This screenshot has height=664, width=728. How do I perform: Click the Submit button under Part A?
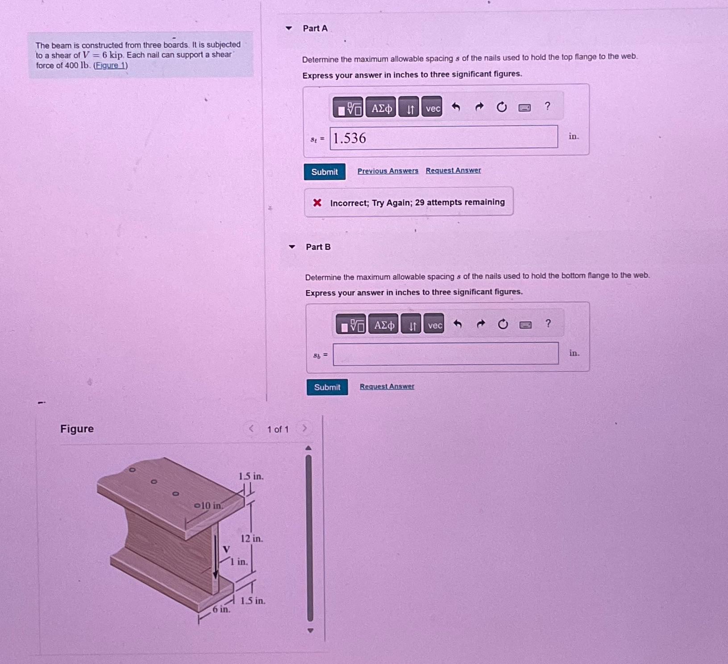[324, 172]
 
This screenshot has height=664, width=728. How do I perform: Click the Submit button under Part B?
[327, 387]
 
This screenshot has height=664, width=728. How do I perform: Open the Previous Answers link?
[387, 171]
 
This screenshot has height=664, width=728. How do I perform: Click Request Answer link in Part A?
[453, 170]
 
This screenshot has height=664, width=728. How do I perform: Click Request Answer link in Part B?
[387, 386]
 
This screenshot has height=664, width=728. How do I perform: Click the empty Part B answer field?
[445, 354]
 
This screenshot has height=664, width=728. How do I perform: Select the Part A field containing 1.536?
[443, 137]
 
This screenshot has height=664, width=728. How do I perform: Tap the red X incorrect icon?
[317, 203]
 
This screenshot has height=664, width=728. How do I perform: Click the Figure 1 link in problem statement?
[110, 66]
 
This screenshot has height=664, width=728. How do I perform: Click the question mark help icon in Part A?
[547, 107]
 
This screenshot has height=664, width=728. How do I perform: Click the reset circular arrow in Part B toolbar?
[503, 324]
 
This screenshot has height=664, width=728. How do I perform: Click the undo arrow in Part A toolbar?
[456, 107]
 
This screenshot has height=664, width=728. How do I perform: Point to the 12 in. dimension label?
[252, 539]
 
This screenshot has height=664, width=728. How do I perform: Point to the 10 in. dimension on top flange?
[210, 506]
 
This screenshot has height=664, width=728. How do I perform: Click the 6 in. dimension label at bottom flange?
[221, 609]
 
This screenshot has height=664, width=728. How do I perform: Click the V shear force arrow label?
[226, 549]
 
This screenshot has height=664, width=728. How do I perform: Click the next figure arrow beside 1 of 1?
[304, 429]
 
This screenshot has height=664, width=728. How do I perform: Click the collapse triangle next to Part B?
[292, 247]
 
